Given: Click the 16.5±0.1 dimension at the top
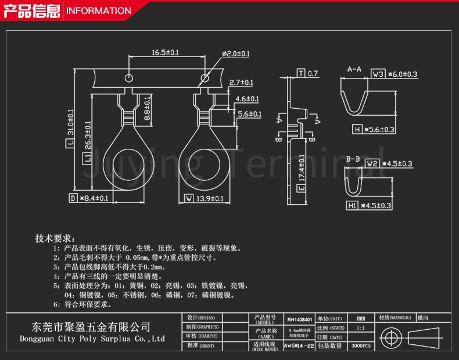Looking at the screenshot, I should coord(165,52).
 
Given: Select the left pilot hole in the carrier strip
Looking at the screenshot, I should coord(129,77).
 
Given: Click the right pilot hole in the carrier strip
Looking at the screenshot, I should coord(205,77).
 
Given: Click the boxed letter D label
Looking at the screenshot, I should coord(73,198).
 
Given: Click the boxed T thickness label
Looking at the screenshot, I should coord(300,73).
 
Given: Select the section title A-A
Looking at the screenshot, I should coord(354,69).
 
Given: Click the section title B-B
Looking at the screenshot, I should coord(353,159).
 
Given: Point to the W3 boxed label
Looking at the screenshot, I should coord(378,74).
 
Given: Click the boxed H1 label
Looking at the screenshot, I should coord(352,205).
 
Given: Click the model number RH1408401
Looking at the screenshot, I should coord(299,320).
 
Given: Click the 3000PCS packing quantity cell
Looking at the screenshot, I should coord(361,345).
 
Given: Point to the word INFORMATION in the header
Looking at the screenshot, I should coord(99,10).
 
